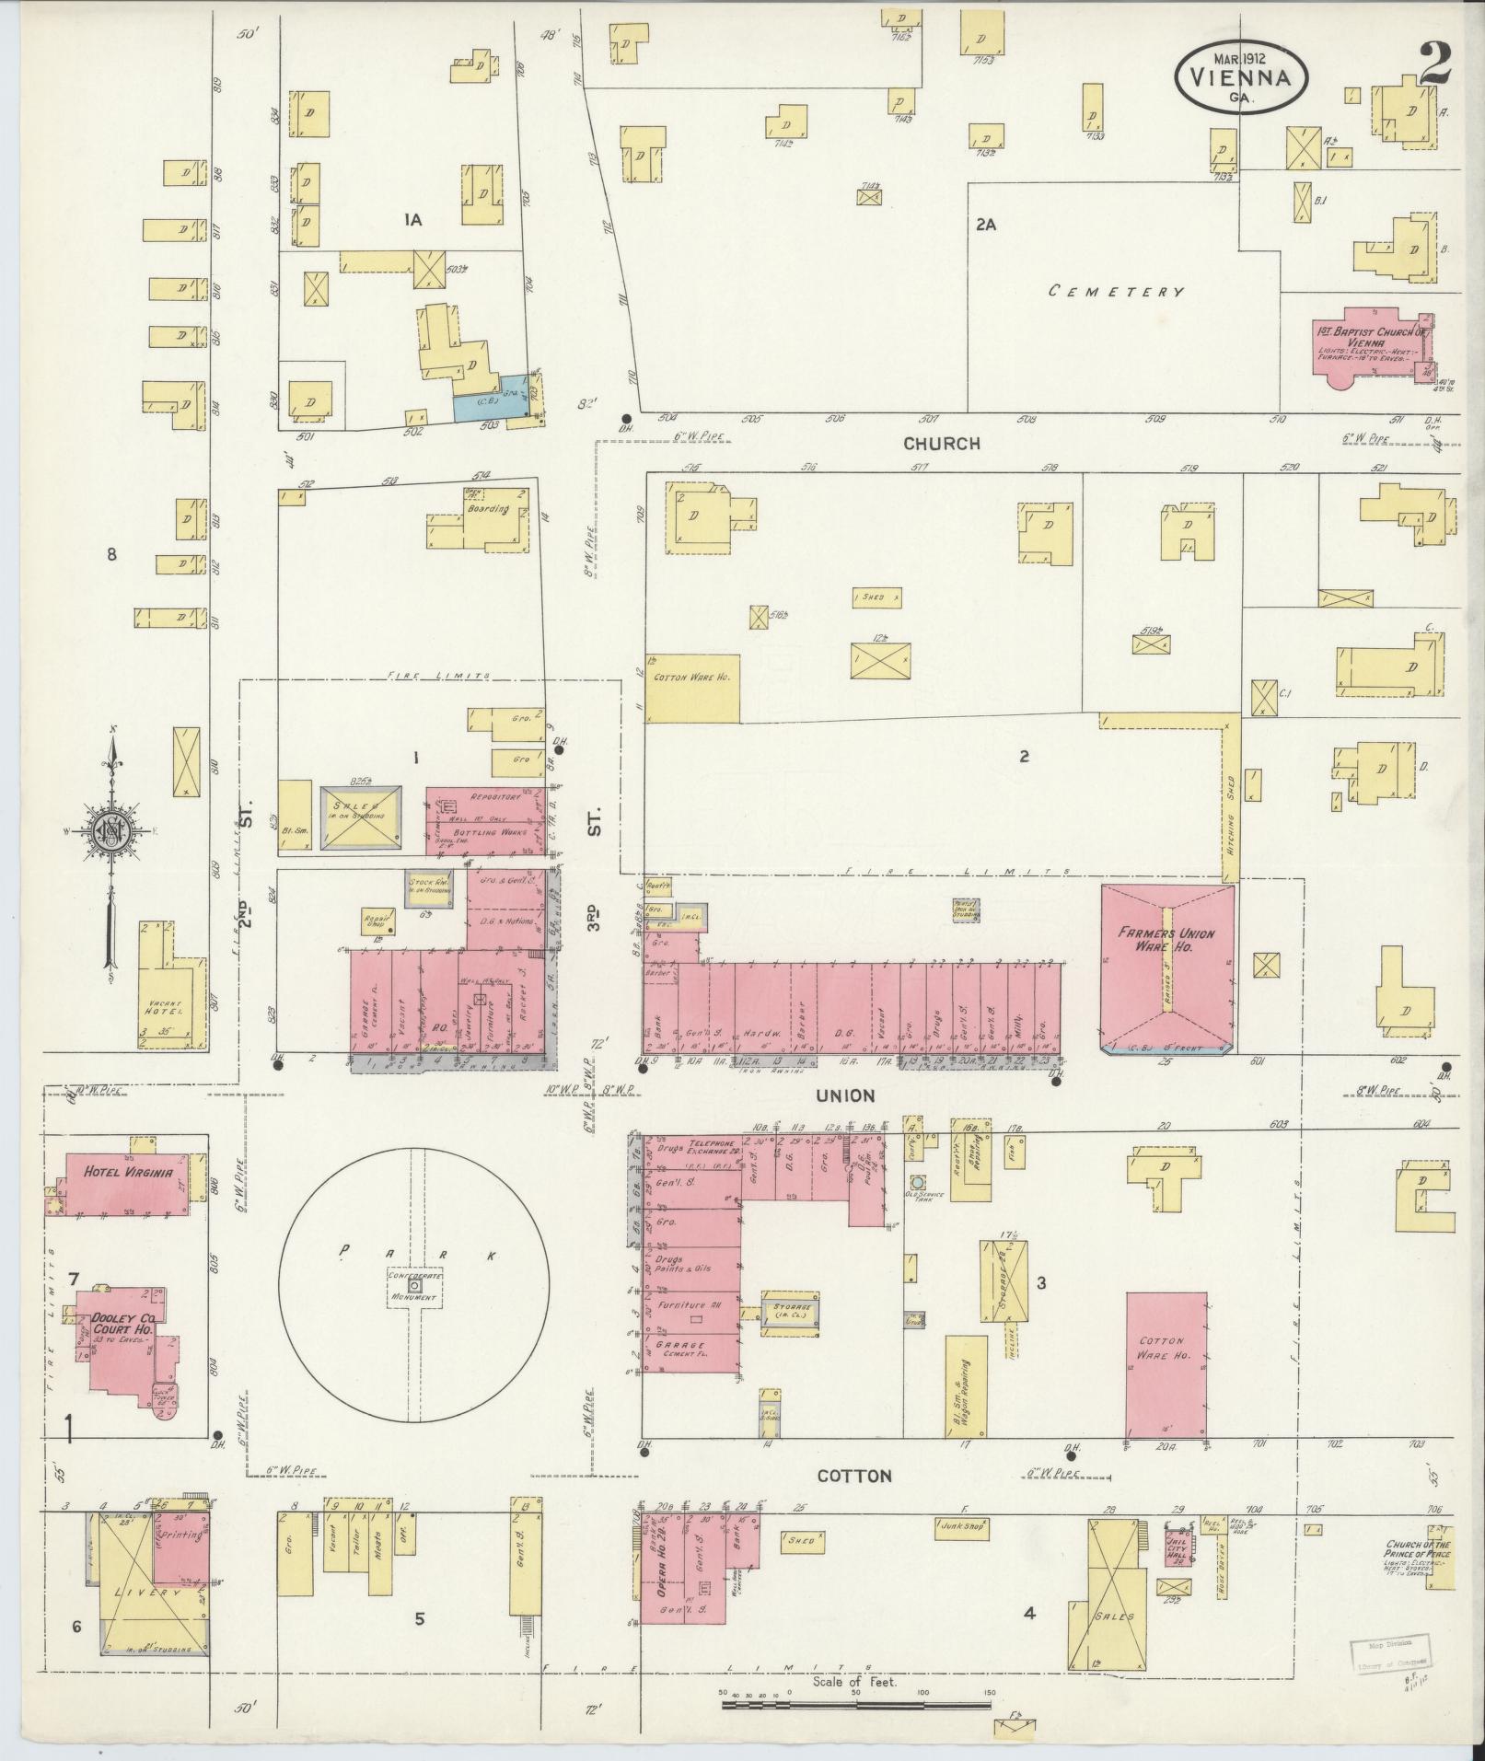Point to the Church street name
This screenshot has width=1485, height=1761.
[941, 443]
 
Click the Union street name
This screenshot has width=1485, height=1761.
[843, 1095]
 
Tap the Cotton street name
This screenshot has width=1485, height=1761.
[855, 1476]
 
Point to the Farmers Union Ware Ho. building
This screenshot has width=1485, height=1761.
[1166, 967]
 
